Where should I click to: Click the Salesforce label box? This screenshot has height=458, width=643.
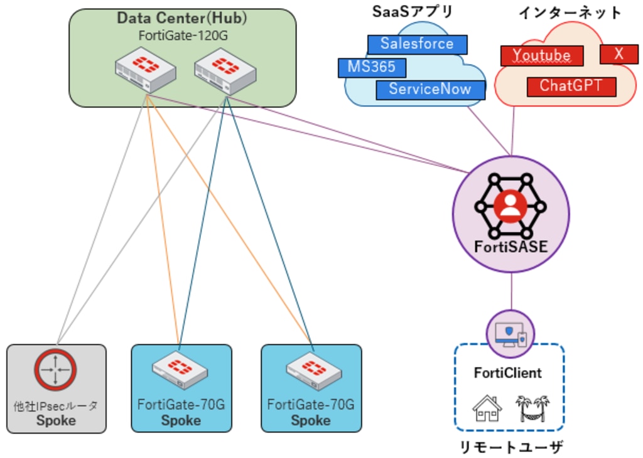pyautogui.click(x=417, y=44)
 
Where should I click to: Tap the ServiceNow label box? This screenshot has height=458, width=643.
pyautogui.click(x=430, y=89)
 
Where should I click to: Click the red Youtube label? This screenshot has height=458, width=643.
pyautogui.click(x=542, y=55)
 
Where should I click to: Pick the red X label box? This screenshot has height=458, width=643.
pyautogui.click(x=619, y=54)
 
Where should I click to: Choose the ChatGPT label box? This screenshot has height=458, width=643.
pyautogui.click(x=571, y=86)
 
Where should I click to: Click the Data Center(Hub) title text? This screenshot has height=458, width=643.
pyautogui.click(x=182, y=18)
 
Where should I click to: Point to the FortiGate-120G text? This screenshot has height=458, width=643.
pyautogui.click(x=183, y=36)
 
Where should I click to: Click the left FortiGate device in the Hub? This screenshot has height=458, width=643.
pyautogui.click(x=145, y=72)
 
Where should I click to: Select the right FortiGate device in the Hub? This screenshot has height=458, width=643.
pyautogui.click(x=225, y=72)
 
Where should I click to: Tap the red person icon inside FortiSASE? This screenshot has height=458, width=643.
pyautogui.click(x=511, y=206)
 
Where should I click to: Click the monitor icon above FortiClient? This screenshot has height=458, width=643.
pyautogui.click(x=510, y=334)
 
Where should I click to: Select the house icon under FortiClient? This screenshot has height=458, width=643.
pyautogui.click(x=487, y=408)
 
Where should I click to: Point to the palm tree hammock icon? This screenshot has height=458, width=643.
pyautogui.click(x=532, y=408)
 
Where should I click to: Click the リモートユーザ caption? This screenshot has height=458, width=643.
pyautogui.click(x=509, y=447)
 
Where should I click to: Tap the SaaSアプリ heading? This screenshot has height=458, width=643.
pyautogui.click(x=413, y=11)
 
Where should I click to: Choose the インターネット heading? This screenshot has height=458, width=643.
pyautogui.click(x=570, y=13)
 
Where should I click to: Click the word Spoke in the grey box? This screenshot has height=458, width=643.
pyautogui.click(x=56, y=420)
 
